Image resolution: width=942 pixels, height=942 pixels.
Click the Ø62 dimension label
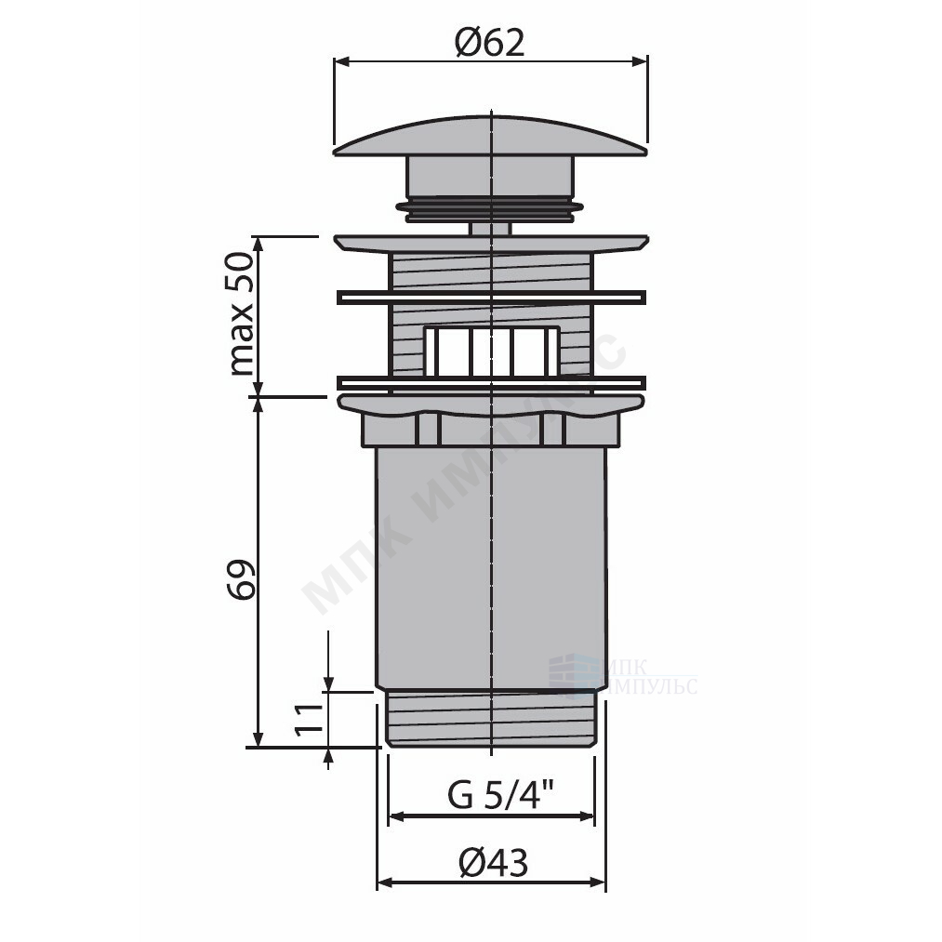click(x=490, y=44)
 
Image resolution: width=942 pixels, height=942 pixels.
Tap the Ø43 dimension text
click(x=493, y=863)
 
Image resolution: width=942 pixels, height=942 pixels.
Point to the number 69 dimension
click(x=242, y=579)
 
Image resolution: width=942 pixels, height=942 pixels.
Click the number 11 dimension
click(x=309, y=719)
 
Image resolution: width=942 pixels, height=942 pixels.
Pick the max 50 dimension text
click(x=242, y=314)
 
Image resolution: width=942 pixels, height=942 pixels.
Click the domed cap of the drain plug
click(x=490, y=136)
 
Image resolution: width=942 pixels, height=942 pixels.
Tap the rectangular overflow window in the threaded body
click(x=492, y=352)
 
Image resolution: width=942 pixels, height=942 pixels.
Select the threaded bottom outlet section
click(x=491, y=719)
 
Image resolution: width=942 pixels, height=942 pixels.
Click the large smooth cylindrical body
click(x=491, y=568)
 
